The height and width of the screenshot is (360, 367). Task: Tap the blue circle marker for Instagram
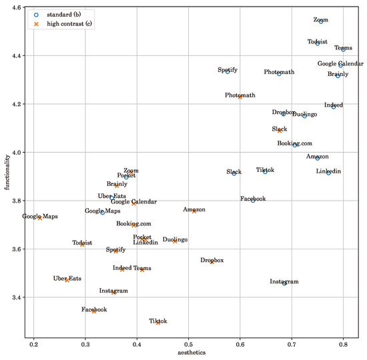(284, 283)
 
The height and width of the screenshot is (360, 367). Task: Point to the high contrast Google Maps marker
(40, 218)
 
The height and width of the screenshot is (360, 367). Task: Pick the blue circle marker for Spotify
(228, 71)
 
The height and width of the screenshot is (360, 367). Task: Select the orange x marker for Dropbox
(212, 262)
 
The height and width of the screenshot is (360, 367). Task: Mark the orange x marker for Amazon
(194, 211)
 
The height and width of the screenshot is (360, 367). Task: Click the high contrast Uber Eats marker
(67, 280)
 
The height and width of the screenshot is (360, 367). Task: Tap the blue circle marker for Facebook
(253, 200)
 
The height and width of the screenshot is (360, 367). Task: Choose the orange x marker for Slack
(280, 131)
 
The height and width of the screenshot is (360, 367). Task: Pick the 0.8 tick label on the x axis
(343, 345)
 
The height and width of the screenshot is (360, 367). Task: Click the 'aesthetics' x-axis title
(188, 354)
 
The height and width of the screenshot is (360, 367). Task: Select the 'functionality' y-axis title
(6, 171)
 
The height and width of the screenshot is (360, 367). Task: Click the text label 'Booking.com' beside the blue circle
(294, 143)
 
